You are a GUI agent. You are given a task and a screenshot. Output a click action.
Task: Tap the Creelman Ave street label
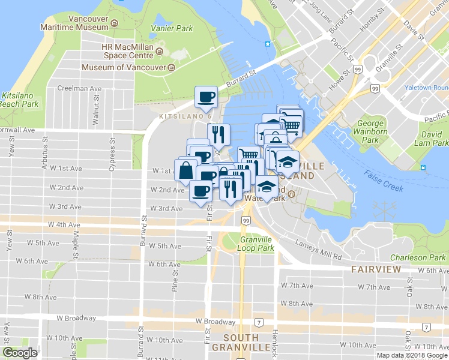point(79,88)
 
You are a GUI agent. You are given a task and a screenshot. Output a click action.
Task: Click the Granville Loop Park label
point(257,243)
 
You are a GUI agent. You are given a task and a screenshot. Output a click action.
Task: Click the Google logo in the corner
point(20,353)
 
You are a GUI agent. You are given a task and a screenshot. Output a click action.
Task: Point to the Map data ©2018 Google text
point(412,355)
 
